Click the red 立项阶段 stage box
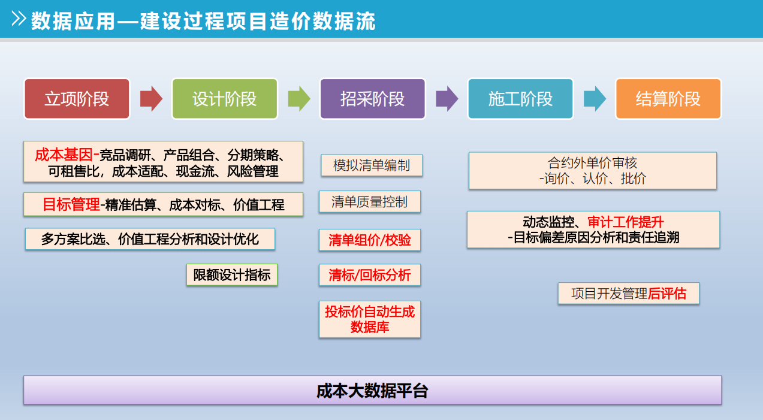pos(77,99)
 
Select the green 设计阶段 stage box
pos(225,99)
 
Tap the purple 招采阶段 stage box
pos(372,99)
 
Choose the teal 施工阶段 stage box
pos(520,99)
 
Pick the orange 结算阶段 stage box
pos(668,99)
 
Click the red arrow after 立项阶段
pos(151,99)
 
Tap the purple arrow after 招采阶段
pos(447,99)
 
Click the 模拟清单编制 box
pos(372,165)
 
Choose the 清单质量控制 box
pos(370,202)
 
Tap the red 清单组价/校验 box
pos(370,240)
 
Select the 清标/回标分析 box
pos(370,275)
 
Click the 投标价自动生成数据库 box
pos(370,319)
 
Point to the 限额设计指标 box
pos(232,275)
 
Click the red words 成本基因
pos(64,155)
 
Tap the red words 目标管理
pos(71,204)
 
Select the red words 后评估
pos(667,294)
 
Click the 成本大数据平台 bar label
pos(372,391)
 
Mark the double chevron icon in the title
pos(19,19)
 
